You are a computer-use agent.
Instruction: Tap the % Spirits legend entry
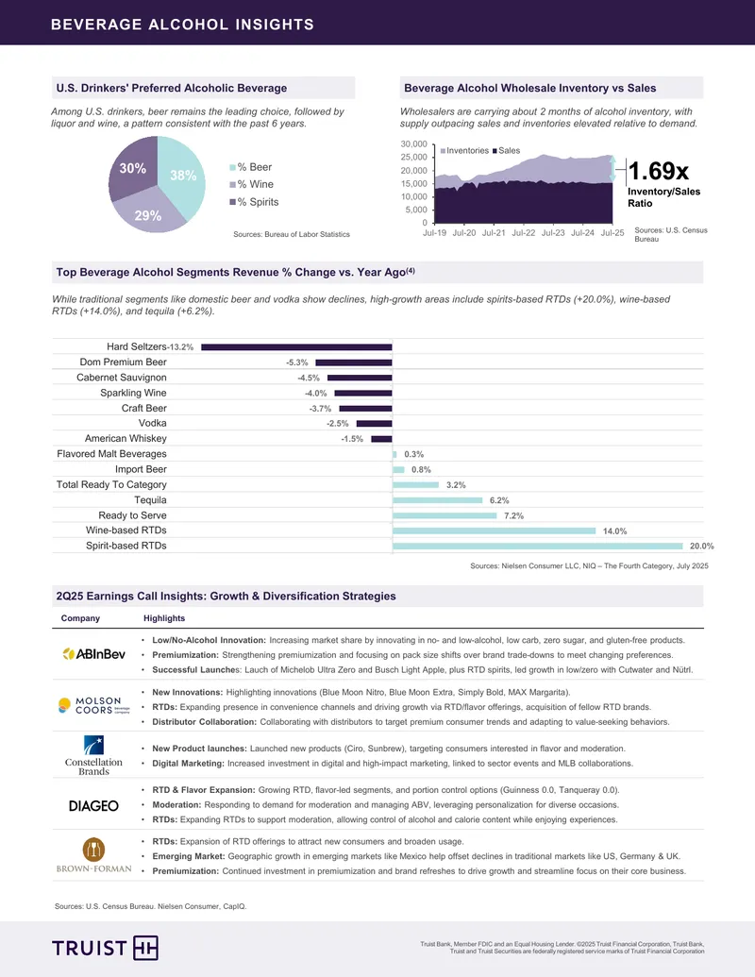[254, 202]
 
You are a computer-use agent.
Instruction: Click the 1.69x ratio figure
[659, 170]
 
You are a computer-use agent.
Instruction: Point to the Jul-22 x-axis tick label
[523, 233]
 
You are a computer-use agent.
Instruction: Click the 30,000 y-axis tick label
[413, 143]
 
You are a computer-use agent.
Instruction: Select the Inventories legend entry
[464, 151]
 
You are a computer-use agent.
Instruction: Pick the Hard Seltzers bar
[296, 347]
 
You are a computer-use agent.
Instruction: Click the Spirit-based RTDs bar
[538, 546]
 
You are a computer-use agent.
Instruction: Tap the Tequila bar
[437, 500]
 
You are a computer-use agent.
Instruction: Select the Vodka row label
[153, 423]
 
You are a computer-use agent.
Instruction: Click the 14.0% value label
[614, 531]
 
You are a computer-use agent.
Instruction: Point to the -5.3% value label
[297, 362]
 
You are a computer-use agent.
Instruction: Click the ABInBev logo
[94, 653]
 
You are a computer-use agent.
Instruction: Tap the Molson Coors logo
[94, 705]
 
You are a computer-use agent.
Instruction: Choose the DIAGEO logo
[93, 805]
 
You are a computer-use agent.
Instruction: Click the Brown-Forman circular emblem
[94, 850]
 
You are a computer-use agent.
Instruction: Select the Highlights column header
[164, 618]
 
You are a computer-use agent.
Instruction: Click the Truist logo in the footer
[106, 948]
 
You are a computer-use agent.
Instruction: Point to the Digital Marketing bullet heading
[188, 764]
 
